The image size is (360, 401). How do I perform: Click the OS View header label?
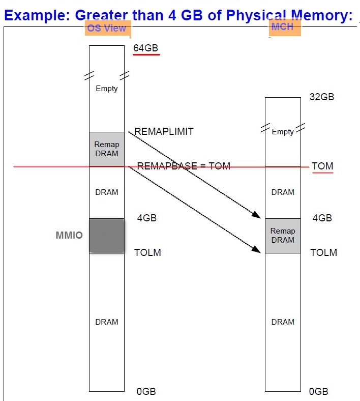(x=107, y=28)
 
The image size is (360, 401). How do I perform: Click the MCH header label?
(x=283, y=26)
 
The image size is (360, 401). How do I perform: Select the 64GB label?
(x=146, y=48)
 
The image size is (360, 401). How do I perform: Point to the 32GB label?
(x=322, y=97)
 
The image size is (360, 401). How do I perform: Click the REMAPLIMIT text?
(x=164, y=131)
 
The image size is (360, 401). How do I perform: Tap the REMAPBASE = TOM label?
(x=184, y=166)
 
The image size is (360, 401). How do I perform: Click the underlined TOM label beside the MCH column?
(x=322, y=166)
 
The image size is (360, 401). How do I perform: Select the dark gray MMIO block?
(x=107, y=236)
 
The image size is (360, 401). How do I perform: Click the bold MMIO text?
(x=69, y=236)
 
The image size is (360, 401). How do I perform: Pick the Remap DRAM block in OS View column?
(x=107, y=149)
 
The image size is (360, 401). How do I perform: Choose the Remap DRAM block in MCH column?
(x=283, y=236)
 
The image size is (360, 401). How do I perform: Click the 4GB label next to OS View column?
(x=147, y=218)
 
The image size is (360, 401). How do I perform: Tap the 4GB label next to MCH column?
(x=322, y=218)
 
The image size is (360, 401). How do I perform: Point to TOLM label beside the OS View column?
(x=147, y=252)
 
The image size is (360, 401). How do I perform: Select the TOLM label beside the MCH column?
(x=324, y=252)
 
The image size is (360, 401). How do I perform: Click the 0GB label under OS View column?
(x=146, y=391)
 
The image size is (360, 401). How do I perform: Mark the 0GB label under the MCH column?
(x=319, y=391)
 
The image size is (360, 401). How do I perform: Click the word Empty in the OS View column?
(x=107, y=89)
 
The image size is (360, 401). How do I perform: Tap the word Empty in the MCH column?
(x=283, y=132)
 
